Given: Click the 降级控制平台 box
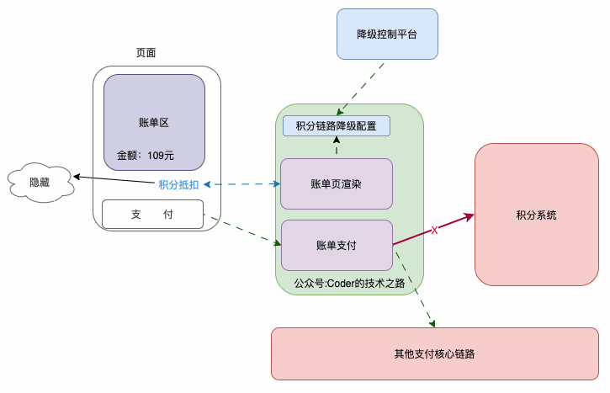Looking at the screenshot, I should tap(387, 34).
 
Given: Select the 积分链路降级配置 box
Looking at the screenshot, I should tap(337, 126).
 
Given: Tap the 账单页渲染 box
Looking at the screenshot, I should tap(337, 183).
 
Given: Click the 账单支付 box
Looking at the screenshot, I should tap(337, 246).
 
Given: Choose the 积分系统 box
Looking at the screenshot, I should tap(536, 215).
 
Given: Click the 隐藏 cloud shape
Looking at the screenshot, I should tap(40, 182).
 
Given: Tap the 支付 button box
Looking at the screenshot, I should tap(152, 215).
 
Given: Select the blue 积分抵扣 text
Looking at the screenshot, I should tap(178, 184).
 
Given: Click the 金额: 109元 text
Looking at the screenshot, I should tap(145, 155).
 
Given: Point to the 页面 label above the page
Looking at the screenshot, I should tap(146, 52).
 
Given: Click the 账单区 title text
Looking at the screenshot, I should tap(154, 122).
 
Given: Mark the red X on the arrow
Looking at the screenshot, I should tap(434, 230).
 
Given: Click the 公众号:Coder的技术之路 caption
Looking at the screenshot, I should tap(349, 284).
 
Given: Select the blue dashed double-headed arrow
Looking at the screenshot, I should tap(241, 183).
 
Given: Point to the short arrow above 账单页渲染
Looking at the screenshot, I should tap(337, 147).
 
